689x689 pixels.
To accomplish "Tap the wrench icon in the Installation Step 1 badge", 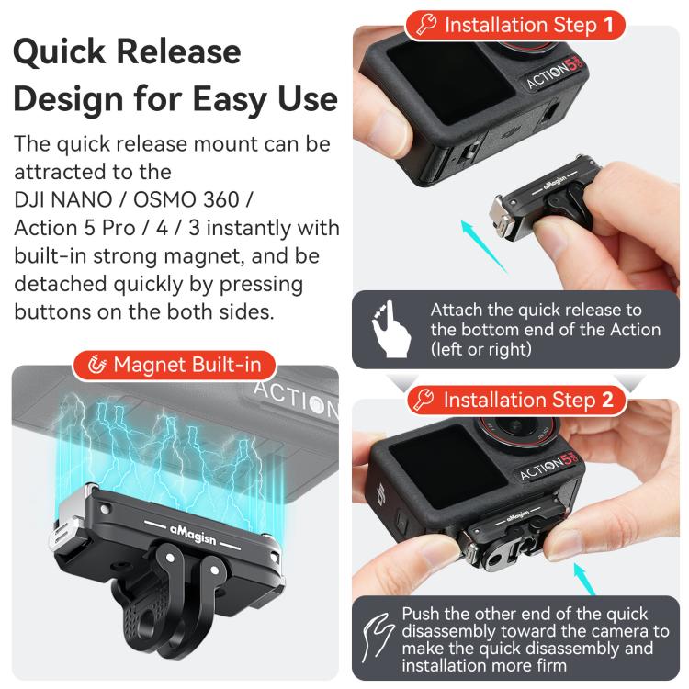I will click(425, 24).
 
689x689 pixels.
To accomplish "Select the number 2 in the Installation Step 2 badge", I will click(607, 400).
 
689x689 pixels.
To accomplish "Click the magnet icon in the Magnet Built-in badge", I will click(96, 366).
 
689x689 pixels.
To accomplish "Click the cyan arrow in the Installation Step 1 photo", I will click(484, 244).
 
